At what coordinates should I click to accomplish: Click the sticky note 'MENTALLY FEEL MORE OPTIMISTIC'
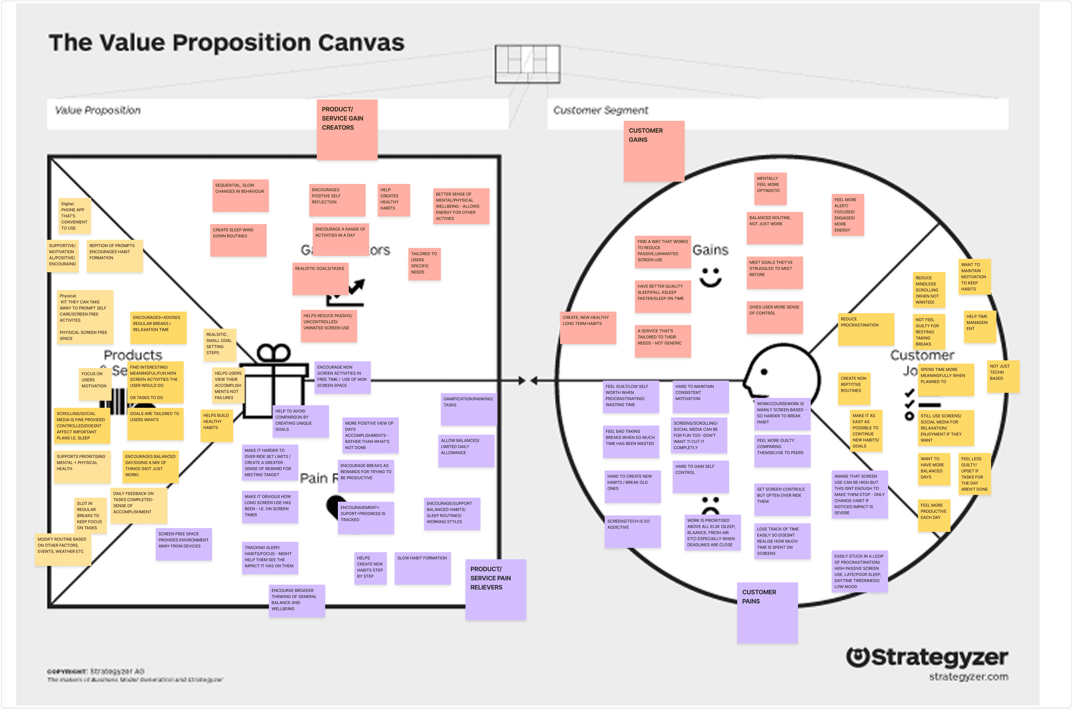770,188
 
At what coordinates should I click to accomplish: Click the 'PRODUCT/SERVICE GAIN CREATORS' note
347,129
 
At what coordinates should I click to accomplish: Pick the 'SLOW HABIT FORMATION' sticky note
422,568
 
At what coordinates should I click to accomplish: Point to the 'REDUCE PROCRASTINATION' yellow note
865,329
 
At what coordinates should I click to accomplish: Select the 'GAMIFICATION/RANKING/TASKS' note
468,409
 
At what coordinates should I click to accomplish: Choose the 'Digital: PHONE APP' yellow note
74,216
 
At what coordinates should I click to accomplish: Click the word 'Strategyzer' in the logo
939,657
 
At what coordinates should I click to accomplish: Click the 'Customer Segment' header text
600,110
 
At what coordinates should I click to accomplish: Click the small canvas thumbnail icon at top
527,64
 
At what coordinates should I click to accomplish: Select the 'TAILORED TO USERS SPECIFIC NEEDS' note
424,264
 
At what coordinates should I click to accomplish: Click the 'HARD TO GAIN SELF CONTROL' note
700,476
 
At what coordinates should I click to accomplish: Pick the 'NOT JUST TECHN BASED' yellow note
1003,376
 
